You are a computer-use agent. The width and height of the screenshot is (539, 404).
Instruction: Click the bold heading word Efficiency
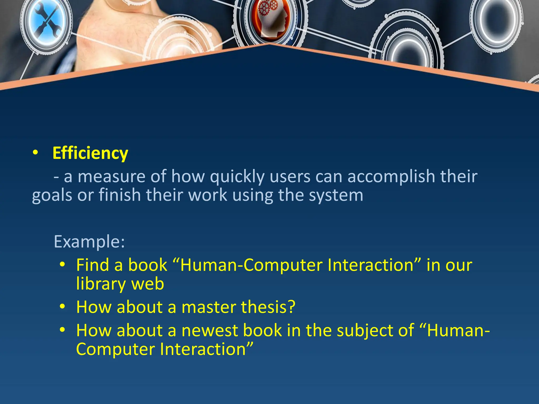[90, 153]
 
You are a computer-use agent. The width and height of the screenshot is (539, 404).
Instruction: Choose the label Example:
[89, 241]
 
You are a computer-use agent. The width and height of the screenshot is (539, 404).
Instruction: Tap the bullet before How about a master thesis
[62, 306]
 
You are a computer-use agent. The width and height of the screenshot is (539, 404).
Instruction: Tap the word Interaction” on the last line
[207, 349]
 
